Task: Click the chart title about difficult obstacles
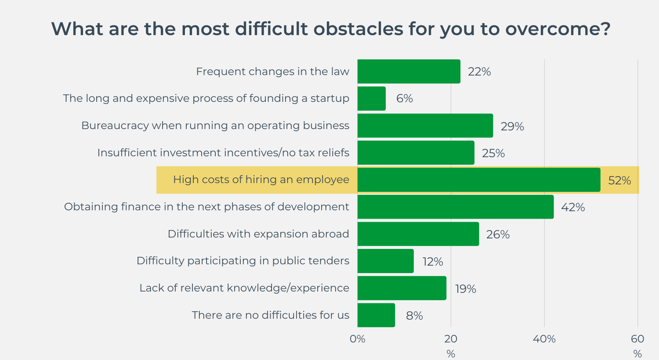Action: (330, 29)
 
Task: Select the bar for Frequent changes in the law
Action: (409, 72)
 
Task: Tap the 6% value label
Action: (404, 99)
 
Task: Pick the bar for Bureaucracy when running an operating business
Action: (425, 126)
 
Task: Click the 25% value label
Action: (493, 153)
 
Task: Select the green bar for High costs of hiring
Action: (478, 180)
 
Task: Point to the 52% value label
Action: (619, 180)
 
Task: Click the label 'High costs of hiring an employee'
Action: (261, 180)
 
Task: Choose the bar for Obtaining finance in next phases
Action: (455, 207)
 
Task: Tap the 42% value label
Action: (572, 207)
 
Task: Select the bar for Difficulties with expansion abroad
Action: (418, 234)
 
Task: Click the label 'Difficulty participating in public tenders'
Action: (243, 261)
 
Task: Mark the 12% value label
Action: (432, 262)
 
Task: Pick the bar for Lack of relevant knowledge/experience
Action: (402, 288)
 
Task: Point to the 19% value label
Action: (465, 289)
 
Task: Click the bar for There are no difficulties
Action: (376, 315)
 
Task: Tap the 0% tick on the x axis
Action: (357, 339)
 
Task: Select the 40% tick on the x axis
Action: (544, 339)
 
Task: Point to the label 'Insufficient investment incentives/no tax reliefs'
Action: (223, 153)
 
